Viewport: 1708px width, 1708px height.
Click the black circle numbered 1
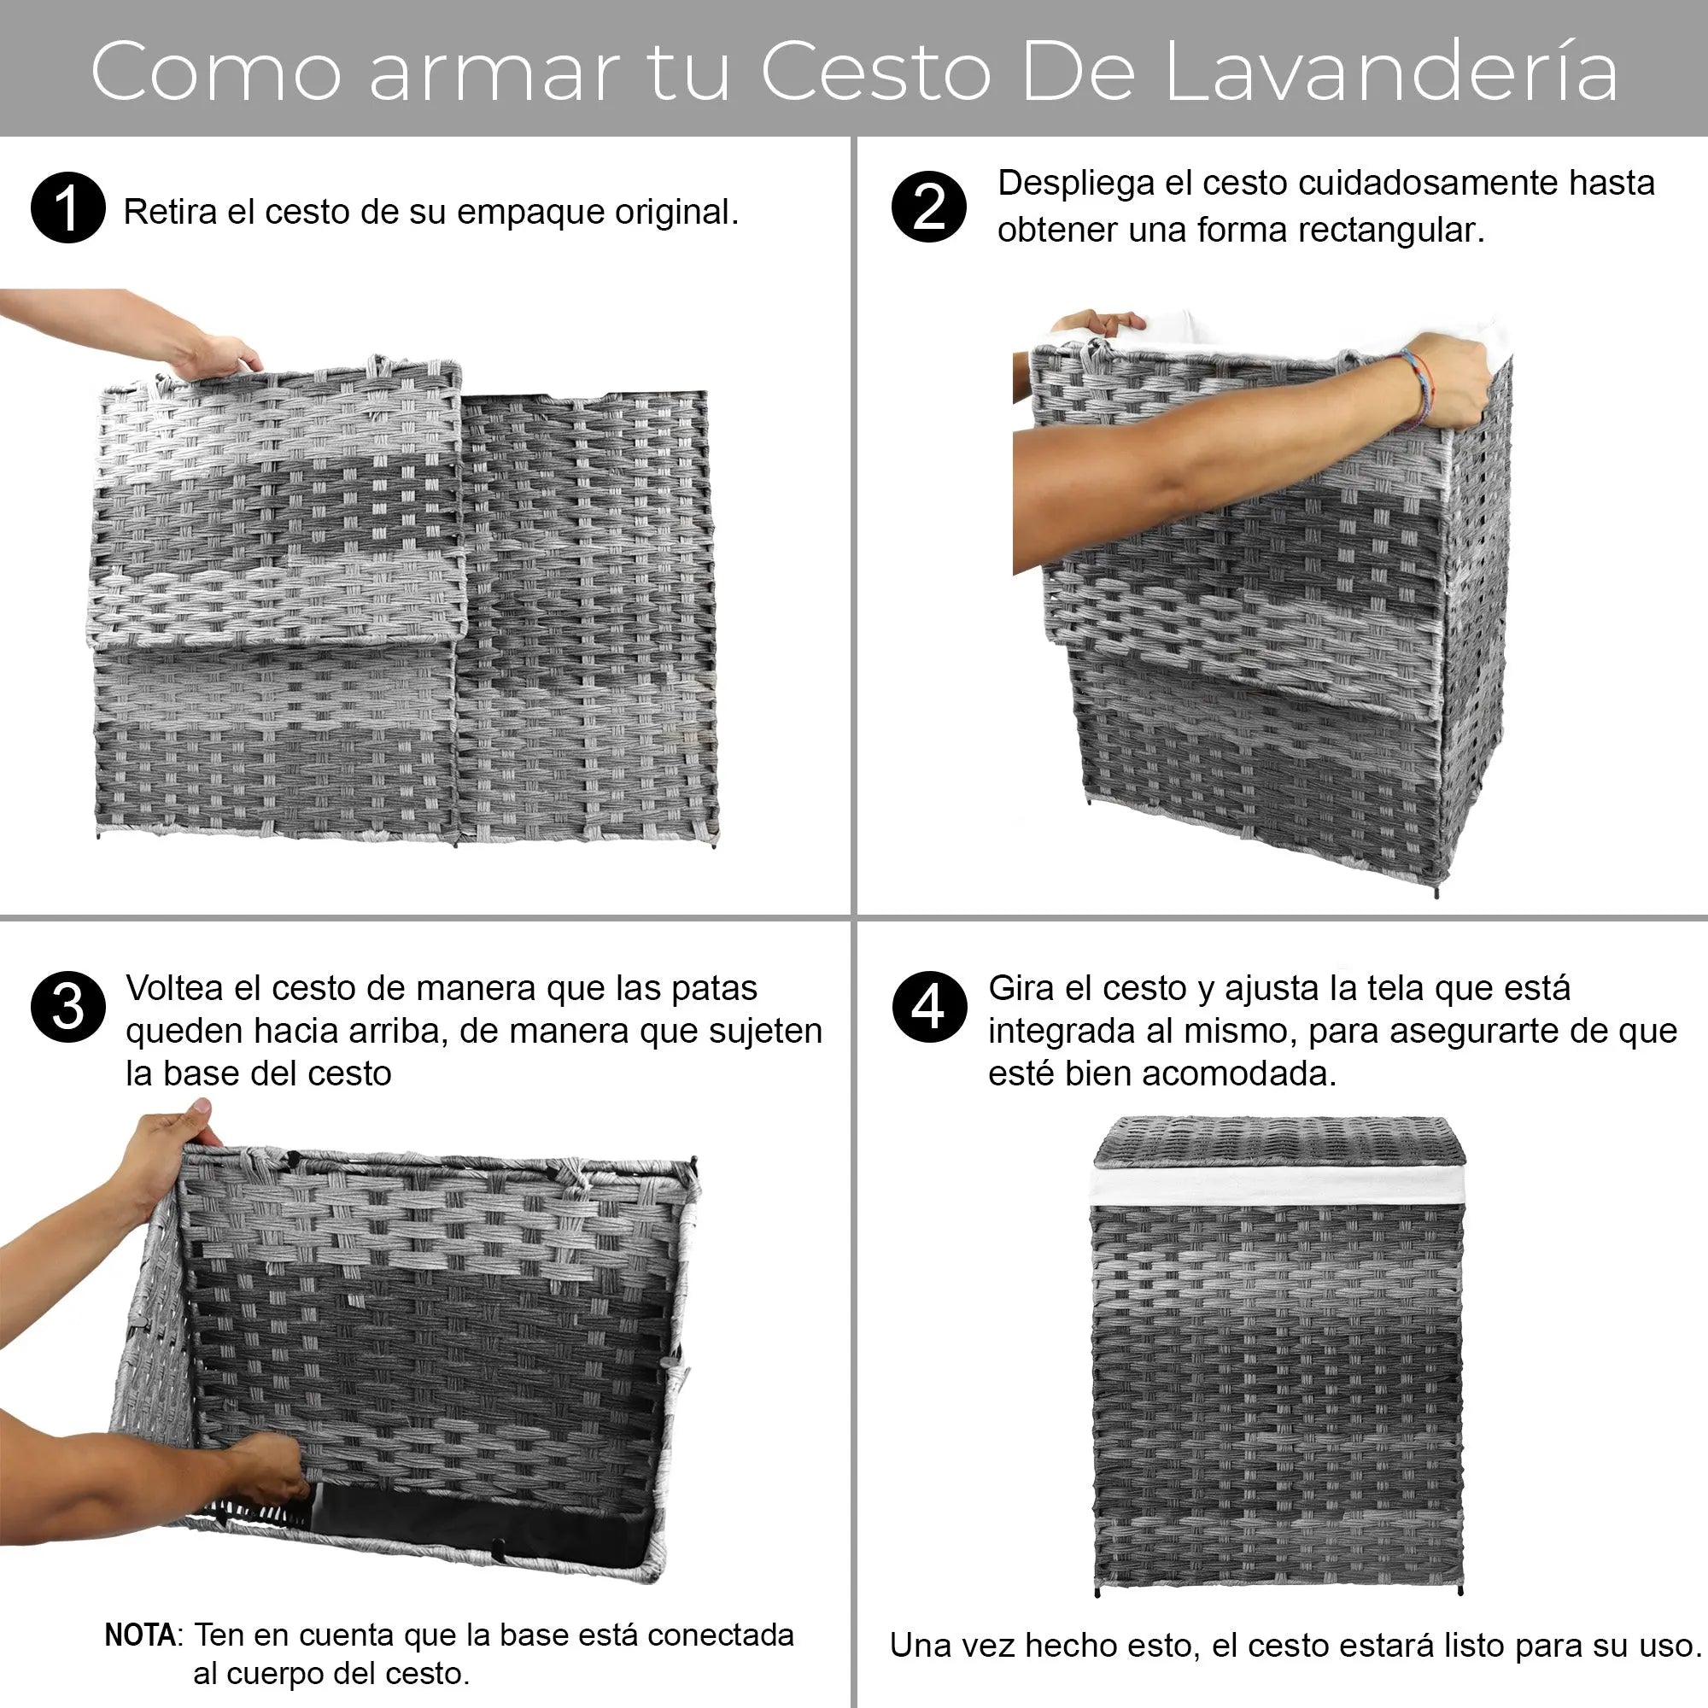pos(68,208)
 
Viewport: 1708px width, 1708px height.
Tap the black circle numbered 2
pos(928,206)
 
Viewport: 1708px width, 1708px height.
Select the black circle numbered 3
pos(68,1007)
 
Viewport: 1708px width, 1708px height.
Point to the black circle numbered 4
pos(928,1007)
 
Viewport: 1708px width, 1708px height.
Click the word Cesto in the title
pos(874,72)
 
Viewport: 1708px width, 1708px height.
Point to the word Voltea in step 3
pos(174,988)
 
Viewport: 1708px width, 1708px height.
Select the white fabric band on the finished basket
pos(1277,1184)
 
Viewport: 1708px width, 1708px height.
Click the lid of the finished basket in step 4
pos(1277,1140)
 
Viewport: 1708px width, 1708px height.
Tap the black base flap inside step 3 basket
pos(477,1522)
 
